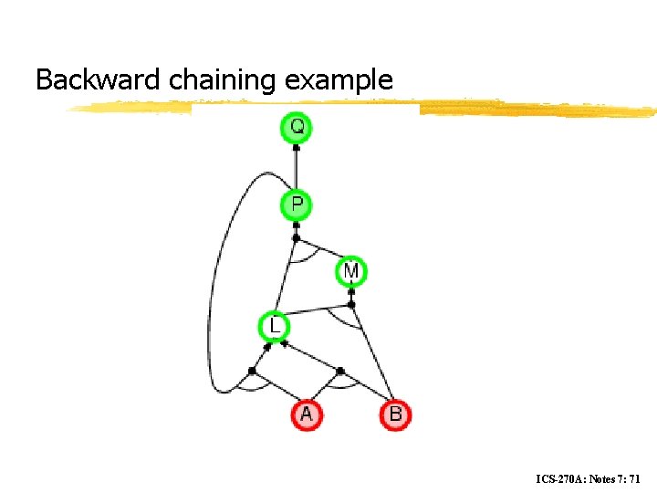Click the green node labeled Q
click(296, 127)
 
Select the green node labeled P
click(296, 205)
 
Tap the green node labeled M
click(351, 271)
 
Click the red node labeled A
click(306, 414)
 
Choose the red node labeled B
click(395, 414)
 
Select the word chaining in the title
click(224, 80)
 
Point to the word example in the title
click(339, 80)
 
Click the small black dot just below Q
click(296, 147)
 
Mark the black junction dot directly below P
click(296, 239)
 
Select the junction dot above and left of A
click(252, 370)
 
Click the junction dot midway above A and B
click(340, 371)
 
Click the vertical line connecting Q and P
click(296, 169)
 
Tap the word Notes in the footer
click(605, 478)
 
